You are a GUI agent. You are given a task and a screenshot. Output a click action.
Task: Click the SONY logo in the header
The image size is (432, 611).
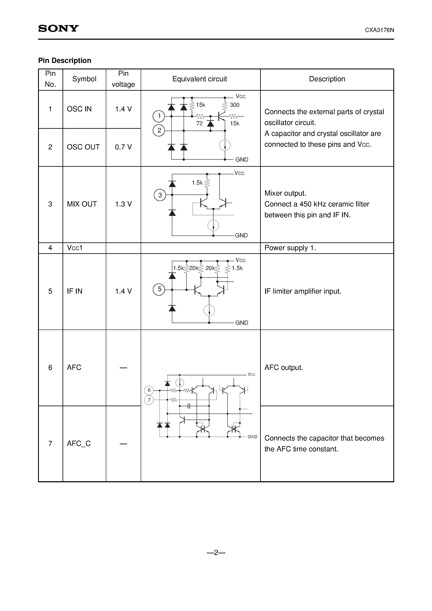pos(59,28)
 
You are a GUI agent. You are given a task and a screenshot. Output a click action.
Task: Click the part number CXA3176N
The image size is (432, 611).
pos(379,30)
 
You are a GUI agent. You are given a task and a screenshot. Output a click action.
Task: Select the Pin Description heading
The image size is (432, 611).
pos(65,60)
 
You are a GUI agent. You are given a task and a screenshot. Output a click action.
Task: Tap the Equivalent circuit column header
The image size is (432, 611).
pos(199,79)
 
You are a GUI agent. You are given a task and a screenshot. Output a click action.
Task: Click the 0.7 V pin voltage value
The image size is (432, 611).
pos(123,147)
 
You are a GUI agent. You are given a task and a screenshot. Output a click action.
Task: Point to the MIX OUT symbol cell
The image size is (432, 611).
pos(82,204)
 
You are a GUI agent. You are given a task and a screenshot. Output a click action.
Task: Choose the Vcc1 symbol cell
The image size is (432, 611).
pos(75,248)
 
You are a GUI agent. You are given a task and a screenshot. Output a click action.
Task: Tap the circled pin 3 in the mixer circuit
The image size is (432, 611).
pos(160,195)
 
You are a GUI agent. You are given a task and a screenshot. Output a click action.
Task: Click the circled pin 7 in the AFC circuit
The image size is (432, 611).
pos(149,400)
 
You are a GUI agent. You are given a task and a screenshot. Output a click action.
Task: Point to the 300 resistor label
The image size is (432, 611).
pos(235,105)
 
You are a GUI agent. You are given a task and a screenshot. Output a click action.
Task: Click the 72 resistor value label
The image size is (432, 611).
pos(199,123)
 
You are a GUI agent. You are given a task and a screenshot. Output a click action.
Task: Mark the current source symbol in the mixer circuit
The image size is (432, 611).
pos(213,225)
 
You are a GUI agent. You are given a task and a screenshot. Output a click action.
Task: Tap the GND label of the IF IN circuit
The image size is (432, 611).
pos(242,323)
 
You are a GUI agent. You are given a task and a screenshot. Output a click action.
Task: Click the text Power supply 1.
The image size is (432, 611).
pos(290,248)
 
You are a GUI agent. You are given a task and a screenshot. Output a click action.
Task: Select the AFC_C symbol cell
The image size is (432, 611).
pos(79,444)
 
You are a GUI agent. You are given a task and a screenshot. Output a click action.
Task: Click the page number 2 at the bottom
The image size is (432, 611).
pos(216,553)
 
